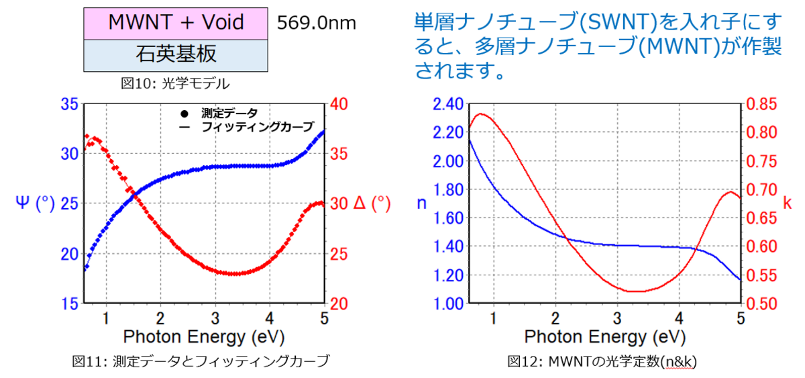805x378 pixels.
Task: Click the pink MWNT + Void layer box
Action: pyautogui.click(x=176, y=22)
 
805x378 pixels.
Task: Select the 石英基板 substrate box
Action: pyautogui.click(x=176, y=54)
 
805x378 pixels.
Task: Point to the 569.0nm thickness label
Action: pyautogui.click(x=316, y=23)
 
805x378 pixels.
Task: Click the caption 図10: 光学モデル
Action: pyautogui.click(x=175, y=84)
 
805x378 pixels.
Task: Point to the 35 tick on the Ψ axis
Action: pyautogui.click(x=69, y=104)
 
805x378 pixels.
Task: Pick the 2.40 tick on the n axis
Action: pyautogui.click(x=448, y=104)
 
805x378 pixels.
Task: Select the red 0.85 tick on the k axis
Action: pyautogui.click(x=761, y=104)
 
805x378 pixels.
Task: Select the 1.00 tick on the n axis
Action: pyautogui.click(x=448, y=303)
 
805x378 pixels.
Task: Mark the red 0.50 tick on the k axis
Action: pyautogui.click(x=761, y=303)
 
